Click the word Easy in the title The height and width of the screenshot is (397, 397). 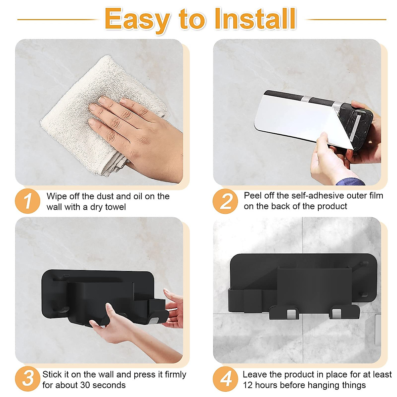(x=137, y=20)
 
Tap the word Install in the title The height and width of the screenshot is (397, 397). (x=255, y=19)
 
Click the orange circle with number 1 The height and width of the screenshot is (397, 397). (x=27, y=201)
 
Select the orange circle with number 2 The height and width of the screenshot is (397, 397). (x=225, y=201)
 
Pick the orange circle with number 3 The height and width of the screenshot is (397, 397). (x=27, y=379)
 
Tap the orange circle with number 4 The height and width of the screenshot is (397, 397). (x=225, y=379)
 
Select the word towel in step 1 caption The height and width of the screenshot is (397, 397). (x=115, y=207)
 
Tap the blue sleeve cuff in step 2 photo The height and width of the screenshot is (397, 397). (x=350, y=182)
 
